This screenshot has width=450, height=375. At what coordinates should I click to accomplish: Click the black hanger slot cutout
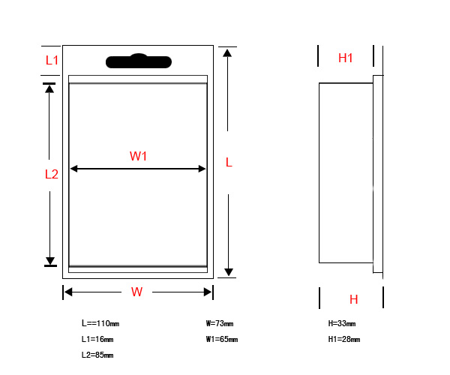click(139, 61)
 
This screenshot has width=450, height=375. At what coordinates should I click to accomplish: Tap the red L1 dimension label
click(52, 60)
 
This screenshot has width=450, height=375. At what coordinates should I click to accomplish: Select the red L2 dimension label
click(52, 174)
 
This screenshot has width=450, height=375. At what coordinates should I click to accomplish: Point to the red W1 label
click(138, 156)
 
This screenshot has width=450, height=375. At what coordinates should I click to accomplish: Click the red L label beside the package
click(229, 163)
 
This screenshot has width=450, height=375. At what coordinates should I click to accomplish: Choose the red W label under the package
click(136, 292)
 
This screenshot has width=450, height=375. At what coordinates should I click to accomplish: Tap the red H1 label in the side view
click(345, 58)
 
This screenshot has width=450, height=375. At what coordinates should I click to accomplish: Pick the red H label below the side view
click(353, 299)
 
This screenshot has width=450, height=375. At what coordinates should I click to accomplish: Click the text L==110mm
click(100, 323)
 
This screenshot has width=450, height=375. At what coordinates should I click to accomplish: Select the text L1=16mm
click(97, 339)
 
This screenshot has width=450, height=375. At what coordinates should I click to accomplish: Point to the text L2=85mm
click(97, 355)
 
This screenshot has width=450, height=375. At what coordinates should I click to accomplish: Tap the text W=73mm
click(220, 323)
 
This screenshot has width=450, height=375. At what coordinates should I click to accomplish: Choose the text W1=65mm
click(222, 339)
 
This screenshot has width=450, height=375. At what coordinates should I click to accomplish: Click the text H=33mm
click(342, 323)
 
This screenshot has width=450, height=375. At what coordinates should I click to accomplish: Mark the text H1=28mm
click(344, 339)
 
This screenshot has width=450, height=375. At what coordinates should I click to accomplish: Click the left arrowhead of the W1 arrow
click(73, 169)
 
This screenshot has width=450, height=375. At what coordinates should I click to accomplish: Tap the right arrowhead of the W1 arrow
click(202, 169)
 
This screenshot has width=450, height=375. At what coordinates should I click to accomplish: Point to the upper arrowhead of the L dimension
click(227, 52)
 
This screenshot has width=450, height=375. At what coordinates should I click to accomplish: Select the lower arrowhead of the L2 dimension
click(50, 261)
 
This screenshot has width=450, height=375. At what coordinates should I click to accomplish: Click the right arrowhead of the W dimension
click(208, 292)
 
